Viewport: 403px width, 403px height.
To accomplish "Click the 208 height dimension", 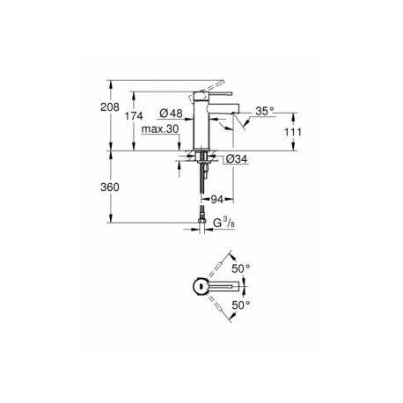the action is [x=110, y=107].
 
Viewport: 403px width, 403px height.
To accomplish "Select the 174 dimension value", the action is [x=134, y=116].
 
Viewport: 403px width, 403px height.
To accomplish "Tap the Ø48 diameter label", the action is [x=172, y=114].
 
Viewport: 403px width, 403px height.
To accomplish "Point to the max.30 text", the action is [x=160, y=128].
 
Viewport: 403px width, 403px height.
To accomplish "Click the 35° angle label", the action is [x=265, y=111].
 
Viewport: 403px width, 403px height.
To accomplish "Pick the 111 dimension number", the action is [x=293, y=132].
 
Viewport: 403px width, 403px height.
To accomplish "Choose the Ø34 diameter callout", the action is [x=237, y=159].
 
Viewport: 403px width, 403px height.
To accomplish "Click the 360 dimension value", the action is [x=110, y=187].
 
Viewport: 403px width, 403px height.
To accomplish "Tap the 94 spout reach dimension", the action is [x=217, y=200].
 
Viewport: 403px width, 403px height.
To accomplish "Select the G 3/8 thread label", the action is [x=223, y=223].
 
